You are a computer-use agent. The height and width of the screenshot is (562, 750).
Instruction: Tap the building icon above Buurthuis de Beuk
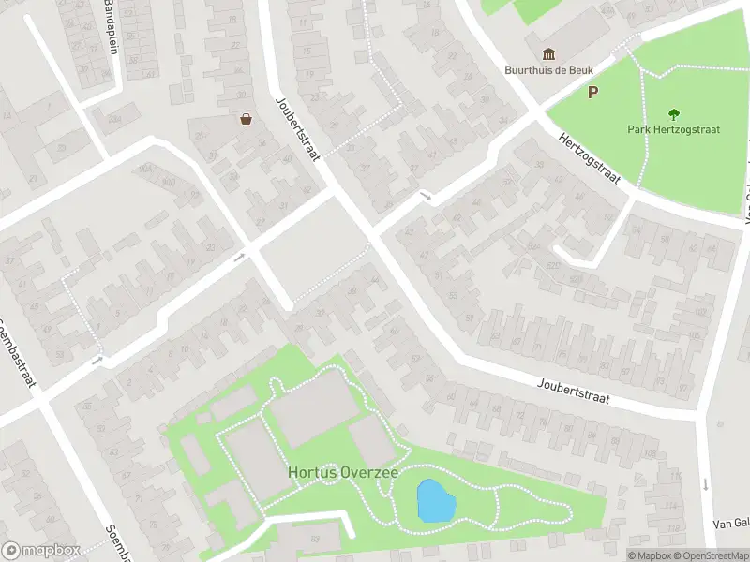click(x=547, y=52)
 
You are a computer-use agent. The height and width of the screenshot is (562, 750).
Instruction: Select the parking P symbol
click(x=592, y=92)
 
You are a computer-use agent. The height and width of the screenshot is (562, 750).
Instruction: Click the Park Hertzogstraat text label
click(x=673, y=129)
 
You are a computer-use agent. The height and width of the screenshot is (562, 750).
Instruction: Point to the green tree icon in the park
click(x=673, y=114)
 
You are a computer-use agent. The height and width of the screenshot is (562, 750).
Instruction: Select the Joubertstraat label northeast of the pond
click(x=574, y=392)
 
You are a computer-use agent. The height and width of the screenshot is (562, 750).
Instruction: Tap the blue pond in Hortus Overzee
click(x=434, y=501)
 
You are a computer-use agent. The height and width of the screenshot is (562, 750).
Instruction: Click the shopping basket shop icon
click(x=246, y=119)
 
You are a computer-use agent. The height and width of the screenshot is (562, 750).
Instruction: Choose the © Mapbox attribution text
click(x=650, y=555)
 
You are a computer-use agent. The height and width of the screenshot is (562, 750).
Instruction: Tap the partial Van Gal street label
click(x=730, y=524)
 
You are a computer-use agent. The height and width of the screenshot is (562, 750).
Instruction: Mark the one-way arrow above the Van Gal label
click(x=705, y=484)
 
